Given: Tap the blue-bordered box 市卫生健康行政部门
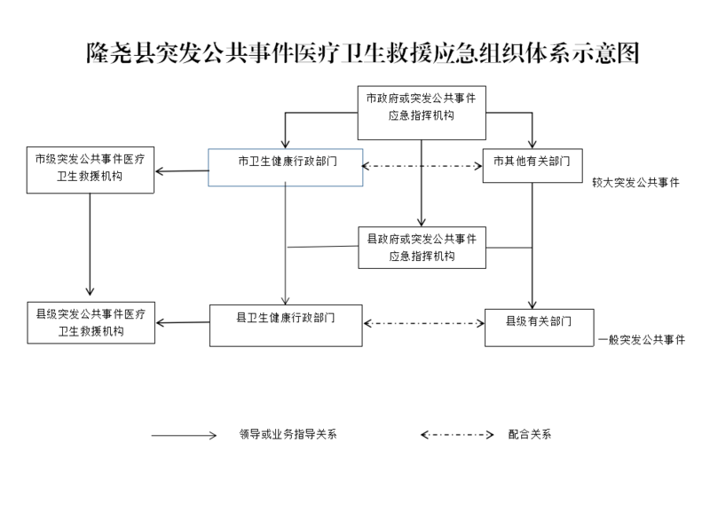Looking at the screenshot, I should [285, 166].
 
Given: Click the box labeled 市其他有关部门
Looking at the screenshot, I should [532, 164].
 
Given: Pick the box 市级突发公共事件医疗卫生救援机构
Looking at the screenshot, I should [90, 168].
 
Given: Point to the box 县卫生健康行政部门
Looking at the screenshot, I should [286, 325].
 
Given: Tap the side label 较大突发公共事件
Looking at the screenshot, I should [635, 182].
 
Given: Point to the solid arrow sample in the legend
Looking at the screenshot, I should [184, 436].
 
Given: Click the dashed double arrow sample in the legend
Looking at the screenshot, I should [456, 435].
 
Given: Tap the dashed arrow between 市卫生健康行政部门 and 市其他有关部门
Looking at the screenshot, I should [422, 166].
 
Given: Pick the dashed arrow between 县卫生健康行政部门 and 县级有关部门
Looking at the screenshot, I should [423, 323].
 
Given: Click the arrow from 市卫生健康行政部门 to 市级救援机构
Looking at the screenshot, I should [181, 170].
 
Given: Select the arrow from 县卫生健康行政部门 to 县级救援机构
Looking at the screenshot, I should [182, 322].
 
